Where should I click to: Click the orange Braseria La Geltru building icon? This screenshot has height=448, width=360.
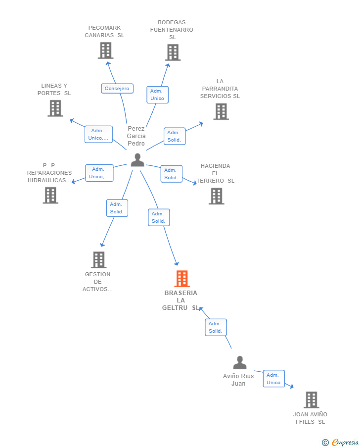182,279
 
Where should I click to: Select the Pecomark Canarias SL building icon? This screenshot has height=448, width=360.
105,50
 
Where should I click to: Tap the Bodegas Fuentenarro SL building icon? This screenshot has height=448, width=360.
173,52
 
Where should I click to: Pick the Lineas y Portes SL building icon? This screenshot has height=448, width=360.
55,108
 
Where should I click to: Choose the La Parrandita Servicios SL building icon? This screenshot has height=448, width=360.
221,111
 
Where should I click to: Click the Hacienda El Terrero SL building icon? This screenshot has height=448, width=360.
216,196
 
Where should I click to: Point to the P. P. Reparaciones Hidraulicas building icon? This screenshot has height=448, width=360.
50,195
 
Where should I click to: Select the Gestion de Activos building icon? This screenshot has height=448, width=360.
99,260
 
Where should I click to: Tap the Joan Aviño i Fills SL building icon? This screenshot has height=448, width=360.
311,399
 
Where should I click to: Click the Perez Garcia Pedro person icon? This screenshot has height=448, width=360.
137,160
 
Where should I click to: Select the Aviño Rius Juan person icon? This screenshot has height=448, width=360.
240,363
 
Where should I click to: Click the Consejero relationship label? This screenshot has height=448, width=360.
117,89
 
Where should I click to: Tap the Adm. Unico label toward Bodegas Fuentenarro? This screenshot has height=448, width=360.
157,95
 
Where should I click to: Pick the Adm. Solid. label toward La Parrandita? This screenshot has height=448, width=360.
175,136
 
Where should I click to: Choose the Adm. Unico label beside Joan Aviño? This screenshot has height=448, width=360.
273,379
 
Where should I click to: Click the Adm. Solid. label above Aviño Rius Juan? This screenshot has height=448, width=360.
216,327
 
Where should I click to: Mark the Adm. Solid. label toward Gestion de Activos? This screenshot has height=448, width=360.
117,208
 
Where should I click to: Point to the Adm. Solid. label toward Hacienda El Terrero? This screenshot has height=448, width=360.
171,174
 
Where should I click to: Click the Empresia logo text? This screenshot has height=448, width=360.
345,443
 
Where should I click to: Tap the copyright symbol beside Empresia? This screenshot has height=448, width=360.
325,443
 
